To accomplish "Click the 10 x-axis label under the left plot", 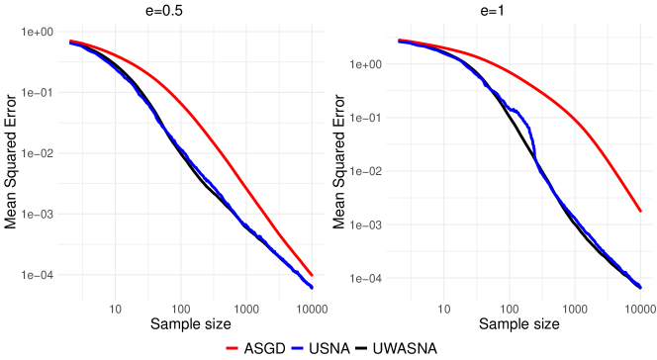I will [115, 310].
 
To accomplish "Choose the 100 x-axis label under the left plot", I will [181, 310].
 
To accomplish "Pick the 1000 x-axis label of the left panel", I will [246, 310].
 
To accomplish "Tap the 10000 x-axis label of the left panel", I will [313, 310].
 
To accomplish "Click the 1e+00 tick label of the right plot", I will [368, 64].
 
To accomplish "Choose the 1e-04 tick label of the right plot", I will [368, 279].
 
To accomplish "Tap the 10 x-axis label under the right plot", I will [444, 310].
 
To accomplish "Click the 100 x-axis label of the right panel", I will [510, 310].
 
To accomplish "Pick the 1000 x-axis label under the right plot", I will [575, 310].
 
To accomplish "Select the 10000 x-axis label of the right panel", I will [640, 310].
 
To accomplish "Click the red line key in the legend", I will [234, 348].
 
